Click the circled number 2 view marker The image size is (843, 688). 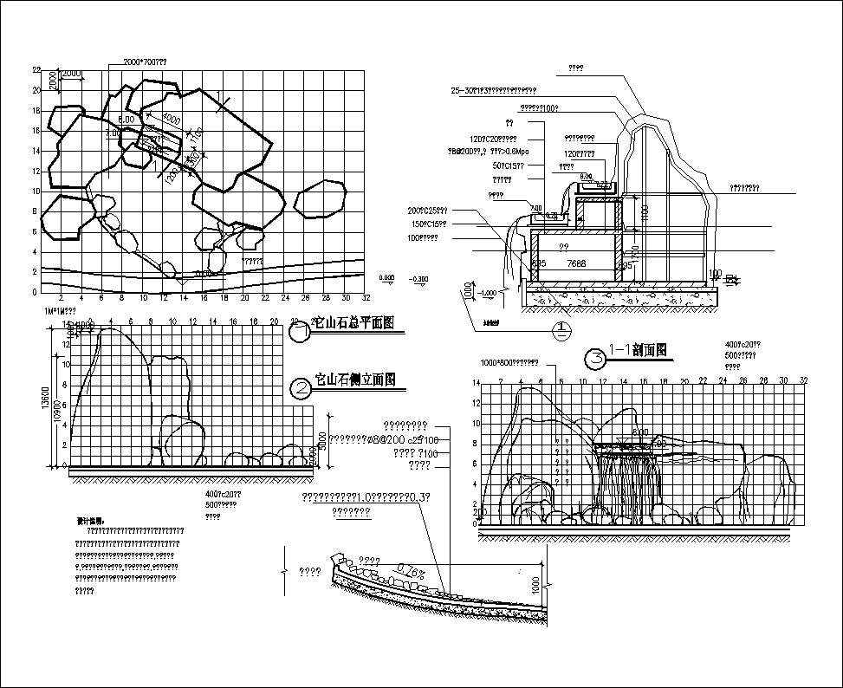tap(302, 388)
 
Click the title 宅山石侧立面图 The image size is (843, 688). tap(355, 380)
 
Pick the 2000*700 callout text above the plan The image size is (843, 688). tap(145, 63)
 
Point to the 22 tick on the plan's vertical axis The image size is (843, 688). tap(36, 69)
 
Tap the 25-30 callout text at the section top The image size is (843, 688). tap(494, 90)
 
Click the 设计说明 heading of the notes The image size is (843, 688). tap(89, 521)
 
